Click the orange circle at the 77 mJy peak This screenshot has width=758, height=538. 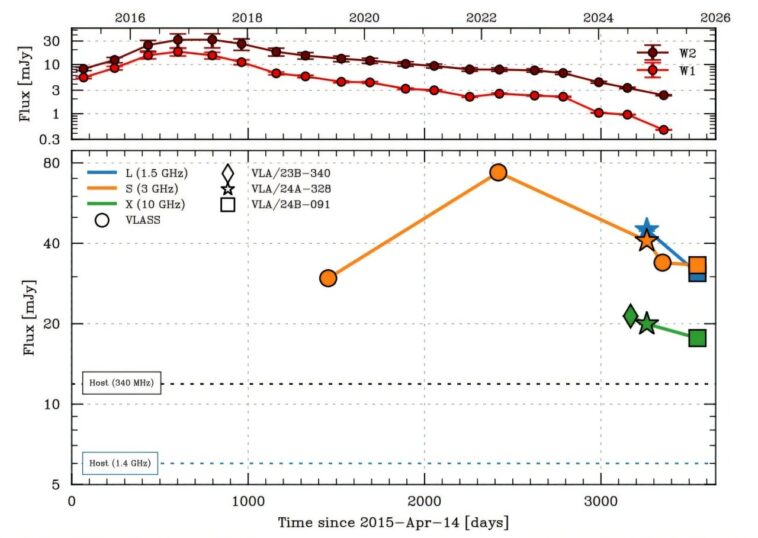tap(498, 172)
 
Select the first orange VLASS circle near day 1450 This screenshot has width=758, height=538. tap(328, 277)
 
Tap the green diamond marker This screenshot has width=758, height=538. tap(631, 316)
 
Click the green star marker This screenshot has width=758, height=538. tap(647, 324)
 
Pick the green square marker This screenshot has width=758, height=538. tap(697, 338)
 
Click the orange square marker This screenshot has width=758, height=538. tap(697, 265)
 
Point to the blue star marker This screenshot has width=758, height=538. tap(646, 229)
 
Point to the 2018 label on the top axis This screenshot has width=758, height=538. tap(247, 18)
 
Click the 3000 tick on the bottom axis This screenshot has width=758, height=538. tap(600, 500)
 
